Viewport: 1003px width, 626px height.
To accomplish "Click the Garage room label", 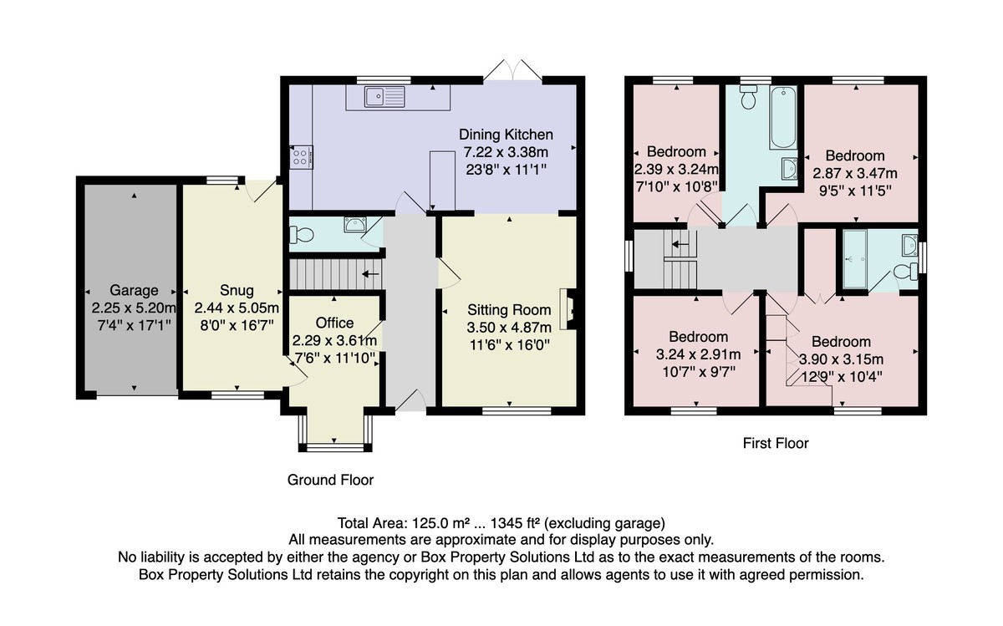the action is click(134, 290).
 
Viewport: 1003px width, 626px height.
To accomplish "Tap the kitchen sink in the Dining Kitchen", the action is click(384, 97).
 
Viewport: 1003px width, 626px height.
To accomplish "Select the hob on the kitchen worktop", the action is click(301, 157).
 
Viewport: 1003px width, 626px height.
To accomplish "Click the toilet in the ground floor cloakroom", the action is click(302, 234).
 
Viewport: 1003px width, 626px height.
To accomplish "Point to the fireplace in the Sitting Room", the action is click(568, 310).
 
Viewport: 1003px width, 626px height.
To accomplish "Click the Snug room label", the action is click(237, 290).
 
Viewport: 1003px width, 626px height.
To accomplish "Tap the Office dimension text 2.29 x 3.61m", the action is click(334, 340).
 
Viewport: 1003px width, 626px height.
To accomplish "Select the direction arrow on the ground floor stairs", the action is click(370, 273).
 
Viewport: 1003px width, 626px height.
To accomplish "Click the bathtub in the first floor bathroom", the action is click(783, 118).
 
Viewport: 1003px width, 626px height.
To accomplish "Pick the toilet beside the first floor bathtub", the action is click(748, 97).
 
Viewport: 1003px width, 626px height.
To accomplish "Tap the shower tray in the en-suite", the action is click(855, 259).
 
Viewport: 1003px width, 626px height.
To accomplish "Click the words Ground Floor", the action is click(330, 480).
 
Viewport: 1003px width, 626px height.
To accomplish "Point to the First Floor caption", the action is click(776, 443).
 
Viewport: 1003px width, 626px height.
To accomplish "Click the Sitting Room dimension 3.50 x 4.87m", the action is click(509, 328).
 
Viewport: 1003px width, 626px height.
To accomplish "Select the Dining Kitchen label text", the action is click(506, 135).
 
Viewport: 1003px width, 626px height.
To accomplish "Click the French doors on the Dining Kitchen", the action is click(512, 70).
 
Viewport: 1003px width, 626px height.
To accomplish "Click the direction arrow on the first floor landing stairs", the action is click(680, 245).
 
